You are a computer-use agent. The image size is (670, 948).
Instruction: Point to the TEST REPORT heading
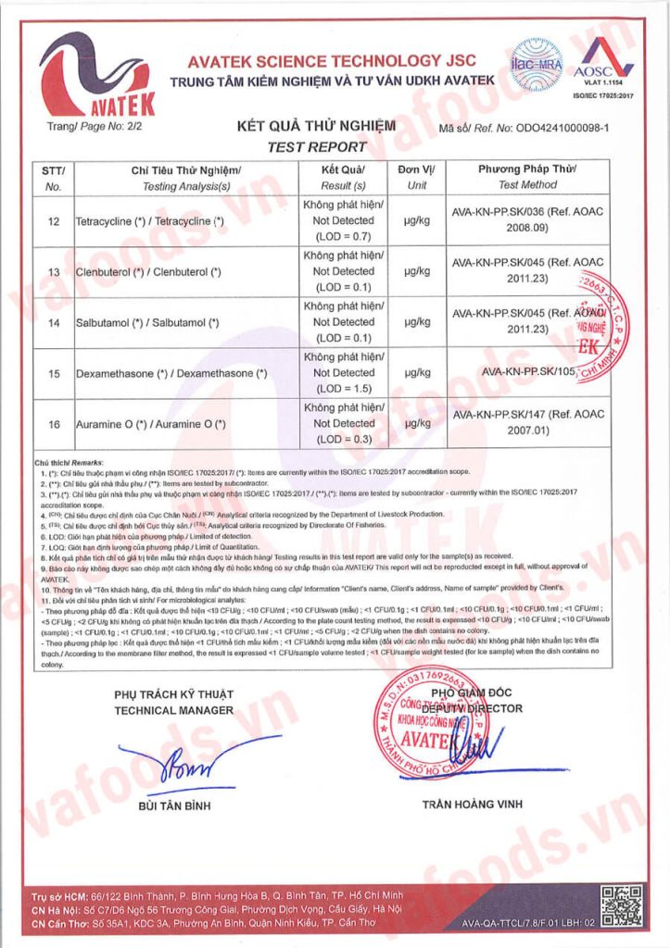pos(316,146)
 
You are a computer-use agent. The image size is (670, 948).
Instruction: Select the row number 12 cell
pos(53,221)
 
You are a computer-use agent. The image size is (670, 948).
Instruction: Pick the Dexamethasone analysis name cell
pos(171,373)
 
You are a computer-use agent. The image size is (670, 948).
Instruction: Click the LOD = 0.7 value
pos(343,236)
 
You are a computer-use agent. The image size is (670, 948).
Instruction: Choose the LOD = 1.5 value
pos(343,388)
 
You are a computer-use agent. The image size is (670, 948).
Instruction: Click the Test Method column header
pos(526,178)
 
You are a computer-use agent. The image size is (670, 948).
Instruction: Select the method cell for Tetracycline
pos(526,219)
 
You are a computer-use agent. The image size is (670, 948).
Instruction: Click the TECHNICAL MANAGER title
pos(173,710)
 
